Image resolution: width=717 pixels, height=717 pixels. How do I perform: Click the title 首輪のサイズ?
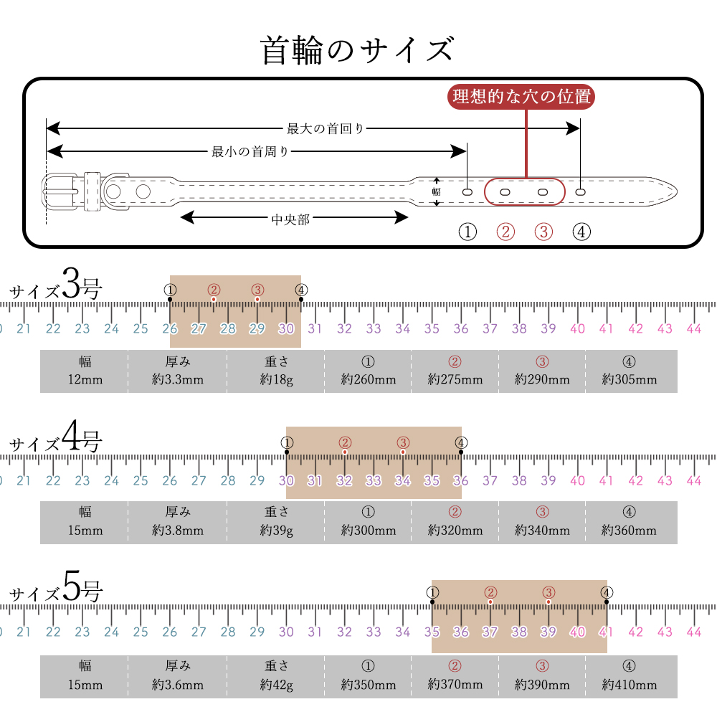357,50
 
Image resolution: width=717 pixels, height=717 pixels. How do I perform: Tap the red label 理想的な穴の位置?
521,97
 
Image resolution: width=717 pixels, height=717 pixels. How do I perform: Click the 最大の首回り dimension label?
325,128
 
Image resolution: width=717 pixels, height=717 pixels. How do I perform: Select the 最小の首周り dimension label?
250,151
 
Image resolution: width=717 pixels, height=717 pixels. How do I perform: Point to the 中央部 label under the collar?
290,219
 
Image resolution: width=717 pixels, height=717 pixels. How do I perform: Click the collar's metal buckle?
60,191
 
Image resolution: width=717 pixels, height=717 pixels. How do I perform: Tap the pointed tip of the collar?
676,191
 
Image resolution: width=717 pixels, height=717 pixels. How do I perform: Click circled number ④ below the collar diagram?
581,232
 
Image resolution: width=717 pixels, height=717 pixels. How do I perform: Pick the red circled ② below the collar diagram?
505,232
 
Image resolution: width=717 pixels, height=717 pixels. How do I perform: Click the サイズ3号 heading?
55,285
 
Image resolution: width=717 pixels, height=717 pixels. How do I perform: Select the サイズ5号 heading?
55,588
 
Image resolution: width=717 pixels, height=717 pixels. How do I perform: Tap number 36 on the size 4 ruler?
461,480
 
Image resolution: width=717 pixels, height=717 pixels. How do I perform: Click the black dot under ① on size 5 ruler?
432,602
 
